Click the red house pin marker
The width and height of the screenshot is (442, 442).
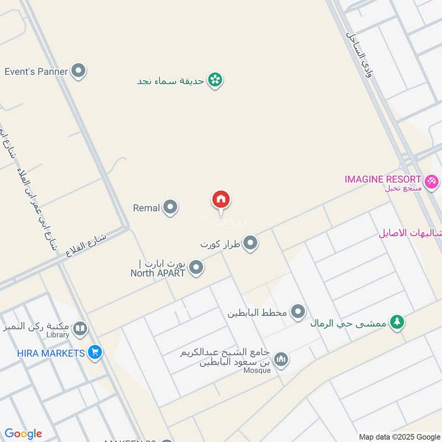[x=221, y=200]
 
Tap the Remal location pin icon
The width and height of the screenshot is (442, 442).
[x=171, y=208]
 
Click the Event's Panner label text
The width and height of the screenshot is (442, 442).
[x=36, y=71]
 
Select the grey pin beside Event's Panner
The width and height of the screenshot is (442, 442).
[x=80, y=71]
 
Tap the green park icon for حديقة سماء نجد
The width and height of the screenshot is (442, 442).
[x=215, y=81]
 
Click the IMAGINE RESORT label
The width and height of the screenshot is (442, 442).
[x=383, y=180]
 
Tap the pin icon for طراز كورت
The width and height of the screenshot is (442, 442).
[x=251, y=243]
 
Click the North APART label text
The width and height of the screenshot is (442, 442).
[x=157, y=272]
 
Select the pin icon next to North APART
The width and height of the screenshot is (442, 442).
[x=196, y=269]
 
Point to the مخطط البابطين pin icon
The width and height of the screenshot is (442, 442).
[x=298, y=313]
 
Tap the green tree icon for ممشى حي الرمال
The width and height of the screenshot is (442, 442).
[x=396, y=322]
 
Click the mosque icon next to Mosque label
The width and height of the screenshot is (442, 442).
[x=281, y=359]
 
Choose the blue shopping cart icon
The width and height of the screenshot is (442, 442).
[x=95, y=352]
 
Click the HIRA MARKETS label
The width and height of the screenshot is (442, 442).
[x=43, y=352]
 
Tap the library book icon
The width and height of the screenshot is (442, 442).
[x=80, y=330]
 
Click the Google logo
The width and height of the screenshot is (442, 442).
[x=23, y=434]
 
